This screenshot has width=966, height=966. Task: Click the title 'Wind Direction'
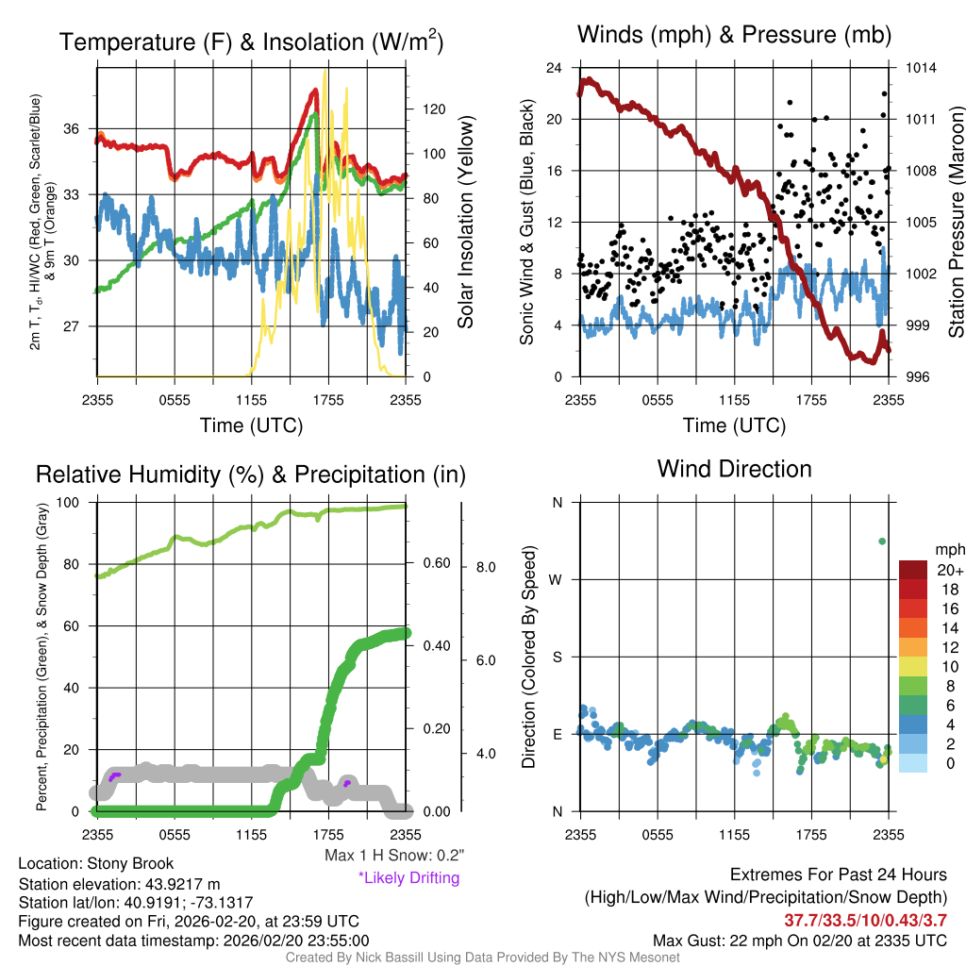734,469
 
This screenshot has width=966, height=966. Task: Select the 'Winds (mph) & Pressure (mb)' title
734,36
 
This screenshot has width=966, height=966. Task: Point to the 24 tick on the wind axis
555,68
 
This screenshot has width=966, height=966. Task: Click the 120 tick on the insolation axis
433,109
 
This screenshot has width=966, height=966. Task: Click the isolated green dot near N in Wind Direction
882,541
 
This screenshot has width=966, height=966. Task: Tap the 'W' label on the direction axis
557,579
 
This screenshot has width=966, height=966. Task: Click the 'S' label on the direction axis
557,657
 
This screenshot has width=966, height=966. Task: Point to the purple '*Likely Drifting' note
408,878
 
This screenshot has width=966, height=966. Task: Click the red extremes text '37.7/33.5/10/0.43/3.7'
865,920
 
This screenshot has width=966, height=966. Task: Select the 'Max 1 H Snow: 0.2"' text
394,856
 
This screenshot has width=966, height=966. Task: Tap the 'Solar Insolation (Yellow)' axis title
465,223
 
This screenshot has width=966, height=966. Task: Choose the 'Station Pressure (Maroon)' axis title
955,223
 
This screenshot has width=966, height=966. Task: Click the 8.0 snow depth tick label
485,568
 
